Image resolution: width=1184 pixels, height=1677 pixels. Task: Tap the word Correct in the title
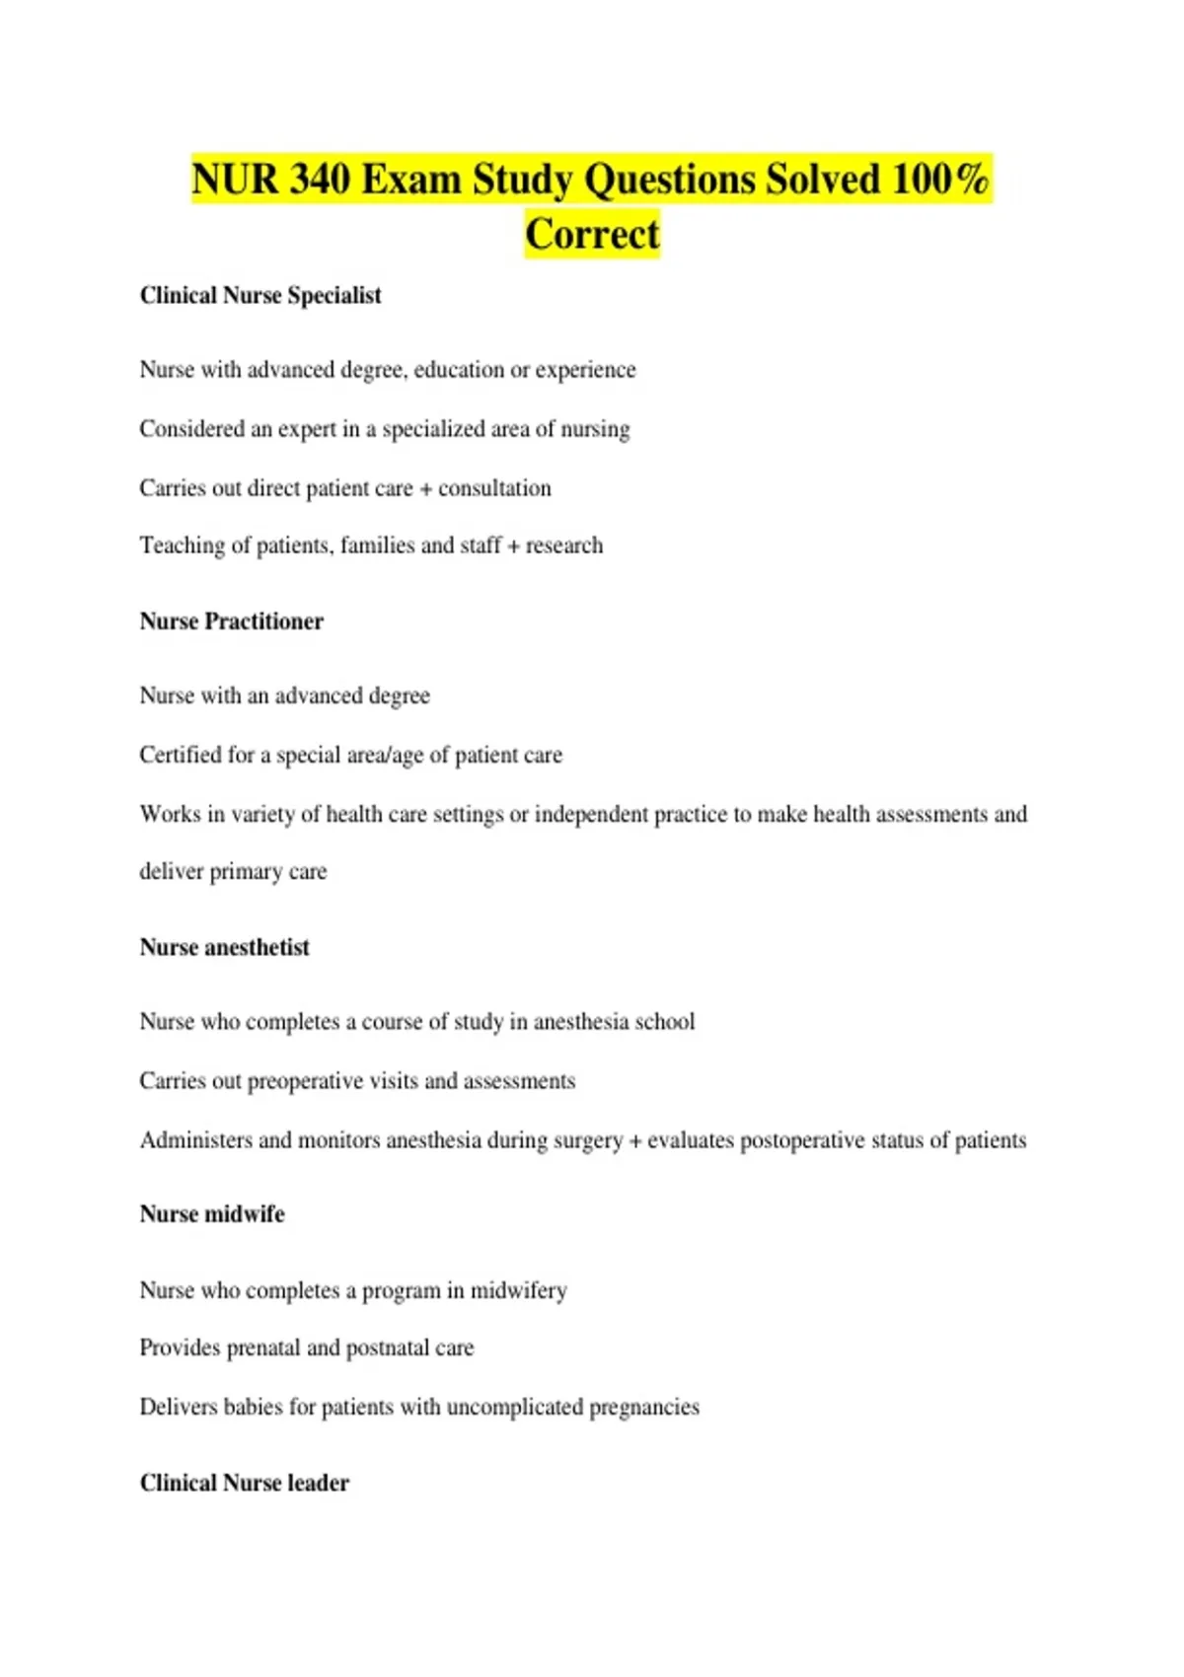click(x=592, y=235)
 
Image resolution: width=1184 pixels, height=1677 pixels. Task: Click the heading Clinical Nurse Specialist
click(x=260, y=296)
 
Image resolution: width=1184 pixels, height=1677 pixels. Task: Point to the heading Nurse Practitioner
click(x=232, y=621)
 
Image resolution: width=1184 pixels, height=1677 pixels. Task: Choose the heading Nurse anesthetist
click(x=225, y=948)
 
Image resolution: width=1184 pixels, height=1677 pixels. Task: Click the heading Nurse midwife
click(x=212, y=1214)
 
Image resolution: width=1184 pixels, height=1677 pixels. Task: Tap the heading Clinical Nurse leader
click(x=245, y=1484)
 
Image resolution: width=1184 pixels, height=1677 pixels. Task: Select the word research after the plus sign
click(x=563, y=546)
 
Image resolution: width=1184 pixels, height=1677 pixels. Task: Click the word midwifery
click(x=519, y=1291)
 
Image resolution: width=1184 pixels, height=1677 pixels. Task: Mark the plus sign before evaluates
click(x=635, y=1141)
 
